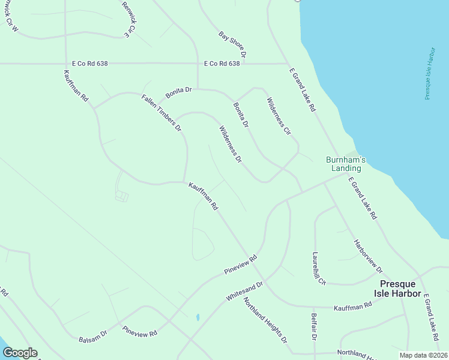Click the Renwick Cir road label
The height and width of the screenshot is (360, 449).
coord(130,19)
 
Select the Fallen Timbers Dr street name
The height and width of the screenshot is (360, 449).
coord(161,113)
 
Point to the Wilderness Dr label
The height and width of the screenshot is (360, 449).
coord(231,144)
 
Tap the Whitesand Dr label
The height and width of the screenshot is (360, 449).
coord(245,291)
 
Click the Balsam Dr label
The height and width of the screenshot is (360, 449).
coord(92,337)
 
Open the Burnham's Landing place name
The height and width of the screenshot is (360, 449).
coord(346,164)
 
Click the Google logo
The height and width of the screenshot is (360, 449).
coord(20,352)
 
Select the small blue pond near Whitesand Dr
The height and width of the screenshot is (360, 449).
coord(197,317)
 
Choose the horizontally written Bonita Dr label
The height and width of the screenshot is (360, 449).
coord(178,90)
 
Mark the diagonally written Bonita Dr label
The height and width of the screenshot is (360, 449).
coord(241,115)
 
